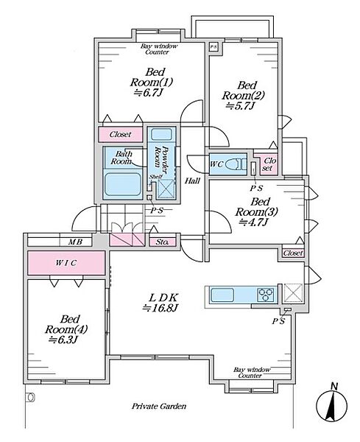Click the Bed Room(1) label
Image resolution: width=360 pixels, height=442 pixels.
coord(152,77)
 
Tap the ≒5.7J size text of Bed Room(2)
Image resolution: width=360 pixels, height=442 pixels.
coord(240,106)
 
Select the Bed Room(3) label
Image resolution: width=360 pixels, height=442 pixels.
coord(256,206)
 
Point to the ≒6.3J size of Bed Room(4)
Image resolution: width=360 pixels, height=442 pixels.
coord(63,340)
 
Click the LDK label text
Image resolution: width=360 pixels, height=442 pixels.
coord(163,298)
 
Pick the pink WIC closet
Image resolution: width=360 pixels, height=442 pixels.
coord(66,263)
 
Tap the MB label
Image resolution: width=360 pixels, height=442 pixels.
coord(76,242)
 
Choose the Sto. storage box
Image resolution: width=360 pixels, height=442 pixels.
coord(162,242)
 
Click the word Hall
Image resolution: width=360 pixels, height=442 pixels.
coord(192,180)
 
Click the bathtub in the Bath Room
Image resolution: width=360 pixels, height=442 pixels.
coord(123,185)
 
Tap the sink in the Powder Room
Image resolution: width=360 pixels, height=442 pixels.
coord(160,135)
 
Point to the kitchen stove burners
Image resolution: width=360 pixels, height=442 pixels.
coord(266,295)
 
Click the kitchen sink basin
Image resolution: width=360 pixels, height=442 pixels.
coord(222,295)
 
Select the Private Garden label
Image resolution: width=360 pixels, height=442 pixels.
coord(159,406)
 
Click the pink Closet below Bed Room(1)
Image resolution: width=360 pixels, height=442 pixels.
coord(120,135)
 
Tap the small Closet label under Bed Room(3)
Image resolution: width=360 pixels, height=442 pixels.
coord(293,253)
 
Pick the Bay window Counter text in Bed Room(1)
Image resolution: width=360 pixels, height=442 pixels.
coord(159,49)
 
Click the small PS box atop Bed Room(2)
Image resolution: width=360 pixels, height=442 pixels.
coord(213,47)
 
